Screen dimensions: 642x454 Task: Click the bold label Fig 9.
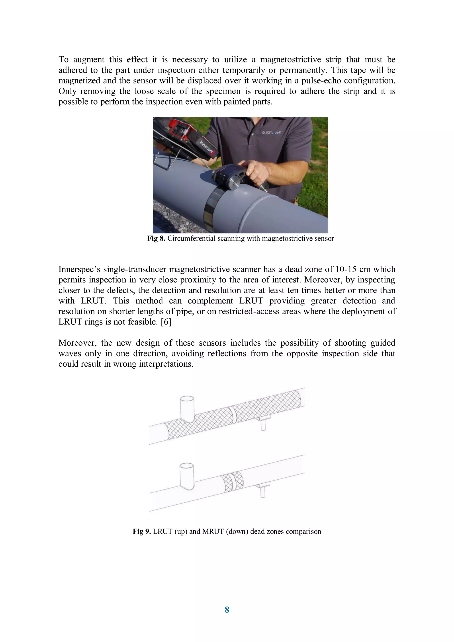[x=142, y=531]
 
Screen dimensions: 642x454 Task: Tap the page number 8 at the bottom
[x=227, y=610]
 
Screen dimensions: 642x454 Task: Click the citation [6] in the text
[x=166, y=322]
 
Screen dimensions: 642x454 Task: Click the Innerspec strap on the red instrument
[x=207, y=148]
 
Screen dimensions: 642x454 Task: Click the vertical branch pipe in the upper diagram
[x=187, y=408]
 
